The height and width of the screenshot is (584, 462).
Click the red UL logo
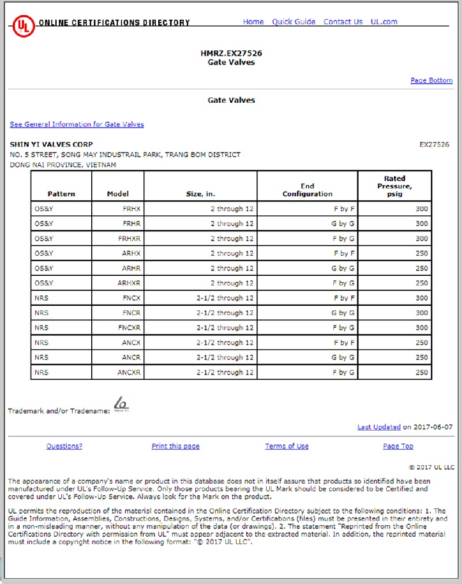(23, 25)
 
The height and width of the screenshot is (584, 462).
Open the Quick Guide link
(293, 22)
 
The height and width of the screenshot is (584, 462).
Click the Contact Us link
(343, 22)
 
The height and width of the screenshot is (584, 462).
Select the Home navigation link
(253, 22)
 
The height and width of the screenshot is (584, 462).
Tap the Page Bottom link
(431, 80)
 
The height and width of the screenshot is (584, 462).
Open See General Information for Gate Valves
(77, 124)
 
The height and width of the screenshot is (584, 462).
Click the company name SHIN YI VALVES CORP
(51, 144)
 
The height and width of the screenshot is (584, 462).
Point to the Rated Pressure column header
(394, 186)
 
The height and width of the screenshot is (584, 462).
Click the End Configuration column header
(307, 190)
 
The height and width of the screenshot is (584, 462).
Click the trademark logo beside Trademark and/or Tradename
(121, 404)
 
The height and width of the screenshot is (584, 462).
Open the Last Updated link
(379, 427)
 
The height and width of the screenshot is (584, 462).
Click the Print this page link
(176, 446)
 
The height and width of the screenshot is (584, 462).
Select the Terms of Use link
(286, 446)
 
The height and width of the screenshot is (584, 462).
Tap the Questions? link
(64, 446)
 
